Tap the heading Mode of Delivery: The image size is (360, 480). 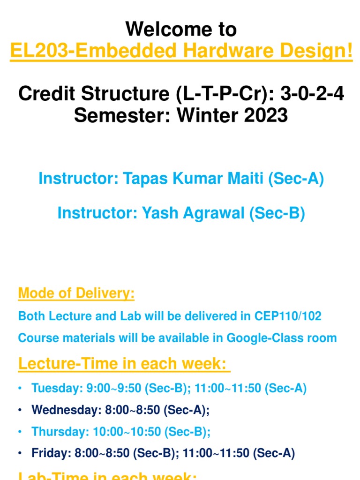pyautogui.click(x=76, y=294)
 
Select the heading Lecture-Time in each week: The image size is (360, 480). pyautogui.click(x=124, y=363)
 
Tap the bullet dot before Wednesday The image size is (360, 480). pyautogui.click(x=21, y=410)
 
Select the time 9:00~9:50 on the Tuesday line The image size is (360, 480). pyautogui.click(x=102, y=389)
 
